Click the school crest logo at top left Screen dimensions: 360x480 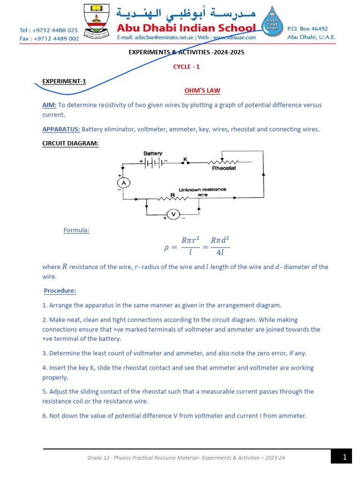point(97,22)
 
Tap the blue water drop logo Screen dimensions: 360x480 point(271,23)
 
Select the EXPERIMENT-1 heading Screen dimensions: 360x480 point(64,81)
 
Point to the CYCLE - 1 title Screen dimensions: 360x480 point(187,67)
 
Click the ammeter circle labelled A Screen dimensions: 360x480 point(123,182)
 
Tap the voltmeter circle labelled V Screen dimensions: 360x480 point(173,214)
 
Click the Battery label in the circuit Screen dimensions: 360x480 point(153,153)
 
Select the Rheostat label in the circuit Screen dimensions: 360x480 point(224,168)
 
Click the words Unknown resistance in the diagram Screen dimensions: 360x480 point(202,189)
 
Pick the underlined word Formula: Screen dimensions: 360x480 point(76,230)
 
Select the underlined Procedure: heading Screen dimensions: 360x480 point(60,291)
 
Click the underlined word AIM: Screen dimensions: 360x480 point(49,105)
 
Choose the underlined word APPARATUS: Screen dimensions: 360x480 point(61,129)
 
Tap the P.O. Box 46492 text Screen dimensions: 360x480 point(307,29)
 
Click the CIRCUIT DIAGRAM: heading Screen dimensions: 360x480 point(70,143)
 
